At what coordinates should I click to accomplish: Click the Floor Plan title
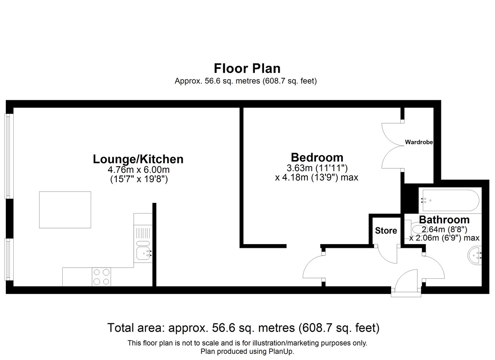(247, 68)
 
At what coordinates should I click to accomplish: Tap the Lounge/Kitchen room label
(138, 159)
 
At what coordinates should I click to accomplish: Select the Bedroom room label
(317, 158)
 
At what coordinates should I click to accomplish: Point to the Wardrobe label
(419, 142)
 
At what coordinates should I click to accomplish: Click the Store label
(386, 231)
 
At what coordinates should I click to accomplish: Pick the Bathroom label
(444, 220)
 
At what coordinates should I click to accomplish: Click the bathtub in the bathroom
(450, 200)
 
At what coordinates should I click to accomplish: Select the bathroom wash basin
(475, 255)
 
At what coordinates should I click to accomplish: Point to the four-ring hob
(101, 277)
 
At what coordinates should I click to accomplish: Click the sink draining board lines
(143, 232)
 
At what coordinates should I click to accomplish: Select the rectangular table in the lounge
(65, 209)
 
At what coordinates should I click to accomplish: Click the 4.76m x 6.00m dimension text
(139, 170)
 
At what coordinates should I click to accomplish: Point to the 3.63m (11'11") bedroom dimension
(317, 168)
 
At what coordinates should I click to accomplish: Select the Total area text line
(243, 328)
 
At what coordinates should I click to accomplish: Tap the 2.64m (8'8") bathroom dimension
(444, 229)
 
